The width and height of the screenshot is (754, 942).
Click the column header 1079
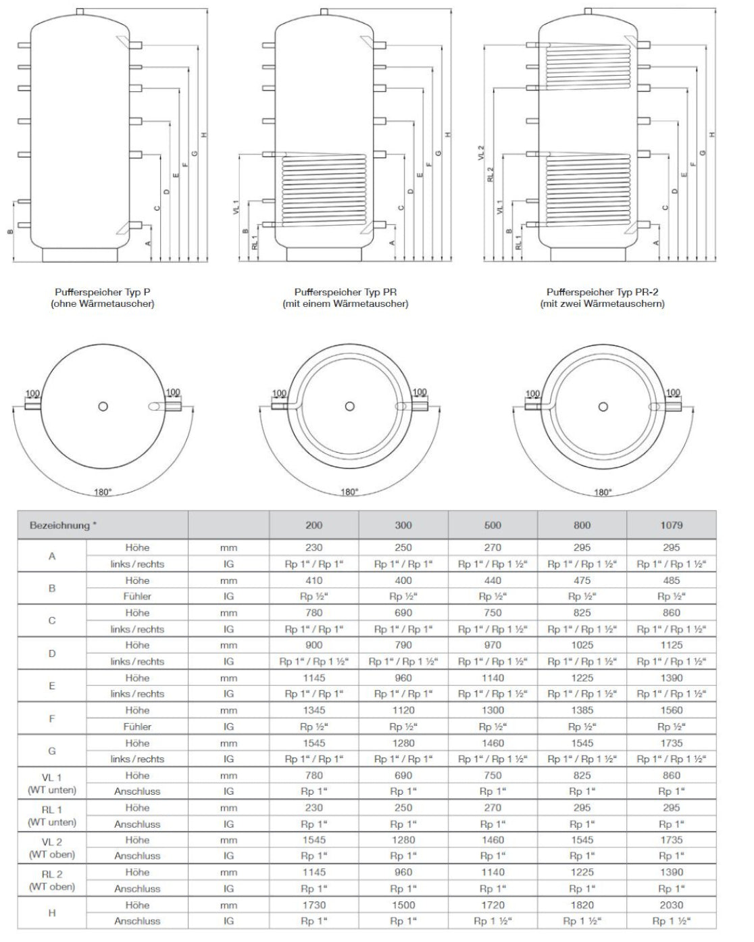[671, 525]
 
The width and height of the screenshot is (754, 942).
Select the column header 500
[493, 525]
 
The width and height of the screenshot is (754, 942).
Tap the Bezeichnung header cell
[60, 525]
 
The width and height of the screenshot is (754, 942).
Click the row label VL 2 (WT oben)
[51, 848]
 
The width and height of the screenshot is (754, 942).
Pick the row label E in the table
[51, 686]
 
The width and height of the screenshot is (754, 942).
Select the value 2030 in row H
[671, 905]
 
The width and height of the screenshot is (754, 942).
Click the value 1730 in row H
[314, 905]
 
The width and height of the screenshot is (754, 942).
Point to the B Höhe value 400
[403, 580]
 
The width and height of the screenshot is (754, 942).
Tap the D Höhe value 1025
[582, 645]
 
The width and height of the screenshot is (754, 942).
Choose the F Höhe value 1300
[493, 710]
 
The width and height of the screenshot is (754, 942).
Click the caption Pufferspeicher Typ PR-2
[602, 292]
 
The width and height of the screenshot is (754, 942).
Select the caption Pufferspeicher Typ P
[103, 292]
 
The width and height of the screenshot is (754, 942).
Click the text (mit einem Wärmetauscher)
[345, 304]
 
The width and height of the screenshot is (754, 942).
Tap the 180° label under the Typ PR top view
[349, 492]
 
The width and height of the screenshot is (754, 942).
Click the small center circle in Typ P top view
[103, 406]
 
